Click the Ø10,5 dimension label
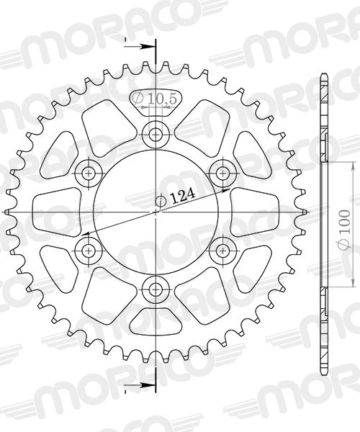pyautogui.click(x=154, y=99)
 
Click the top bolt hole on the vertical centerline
pyautogui.click(x=156, y=133)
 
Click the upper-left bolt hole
pyautogui.click(x=89, y=173)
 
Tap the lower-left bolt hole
pyautogui.click(x=89, y=251)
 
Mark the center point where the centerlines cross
pyautogui.click(x=156, y=212)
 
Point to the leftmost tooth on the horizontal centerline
pyautogui.click(x=9, y=212)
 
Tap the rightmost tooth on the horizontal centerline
pyautogui.click(x=303, y=212)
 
